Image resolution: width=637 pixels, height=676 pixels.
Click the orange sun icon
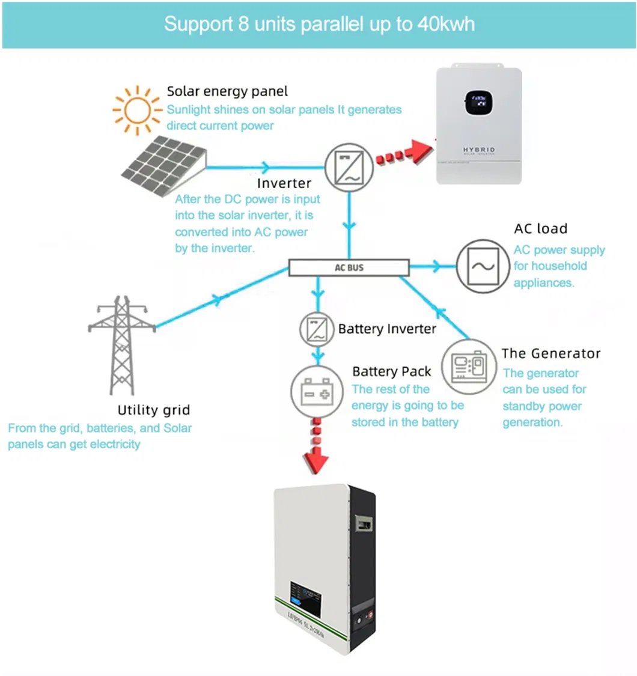pyautogui.click(x=138, y=111)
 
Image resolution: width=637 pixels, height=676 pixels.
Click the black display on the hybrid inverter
pyautogui.click(x=478, y=102)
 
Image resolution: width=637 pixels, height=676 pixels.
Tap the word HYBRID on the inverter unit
pyautogui.click(x=478, y=149)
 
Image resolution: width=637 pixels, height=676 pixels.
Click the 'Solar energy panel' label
pyautogui.click(x=227, y=91)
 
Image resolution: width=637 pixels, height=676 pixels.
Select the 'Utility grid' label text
pyautogui.click(x=153, y=410)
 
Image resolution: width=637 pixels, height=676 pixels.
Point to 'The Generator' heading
pyautogui.click(x=551, y=353)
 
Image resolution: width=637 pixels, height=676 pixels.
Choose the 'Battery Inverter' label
pyautogui.click(x=387, y=329)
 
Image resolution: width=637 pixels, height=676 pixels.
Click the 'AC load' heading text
pyautogui.click(x=540, y=229)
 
